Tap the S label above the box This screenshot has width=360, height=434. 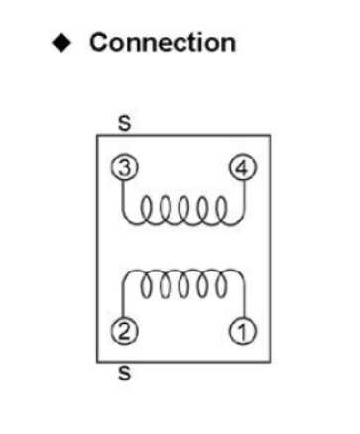click(x=123, y=124)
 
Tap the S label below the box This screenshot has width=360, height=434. click(x=123, y=374)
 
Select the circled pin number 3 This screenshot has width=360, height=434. click(x=122, y=166)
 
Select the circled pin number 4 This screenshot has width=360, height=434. click(x=240, y=166)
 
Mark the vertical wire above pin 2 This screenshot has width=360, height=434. click(x=123, y=297)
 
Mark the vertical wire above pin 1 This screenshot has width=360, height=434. click(x=240, y=297)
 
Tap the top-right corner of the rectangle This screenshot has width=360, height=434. click(x=267, y=135)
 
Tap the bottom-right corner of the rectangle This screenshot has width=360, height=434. click(x=267, y=362)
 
